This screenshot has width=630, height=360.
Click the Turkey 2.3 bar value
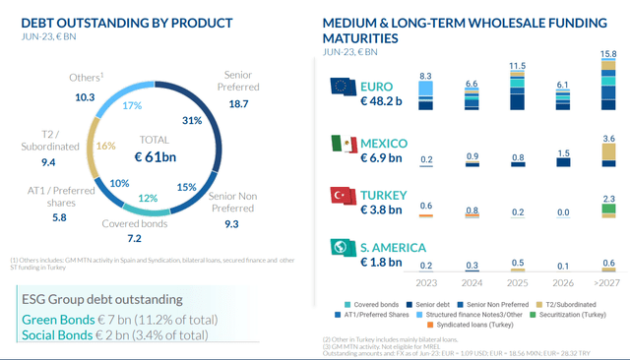tap(608, 200)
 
